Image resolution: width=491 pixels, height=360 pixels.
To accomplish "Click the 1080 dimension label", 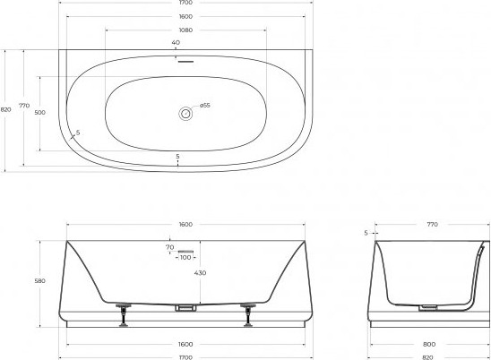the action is coord(185,30).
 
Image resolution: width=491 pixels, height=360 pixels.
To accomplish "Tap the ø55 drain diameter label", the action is coord(205,105).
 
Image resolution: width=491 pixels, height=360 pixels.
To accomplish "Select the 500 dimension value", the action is coord(39,112).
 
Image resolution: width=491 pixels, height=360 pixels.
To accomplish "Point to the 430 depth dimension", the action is coord(200,273).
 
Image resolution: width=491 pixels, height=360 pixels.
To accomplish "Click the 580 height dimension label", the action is coord(39,281).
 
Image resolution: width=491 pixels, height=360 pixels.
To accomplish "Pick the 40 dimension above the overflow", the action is coord(176,43).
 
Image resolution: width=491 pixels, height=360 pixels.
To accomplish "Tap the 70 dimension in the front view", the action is coord(169,247).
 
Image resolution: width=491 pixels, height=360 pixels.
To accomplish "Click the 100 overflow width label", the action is coord(185,257).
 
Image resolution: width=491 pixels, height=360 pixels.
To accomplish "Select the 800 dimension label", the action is coord(429,345).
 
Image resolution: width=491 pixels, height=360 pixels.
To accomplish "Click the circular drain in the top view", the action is coord(185,114).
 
